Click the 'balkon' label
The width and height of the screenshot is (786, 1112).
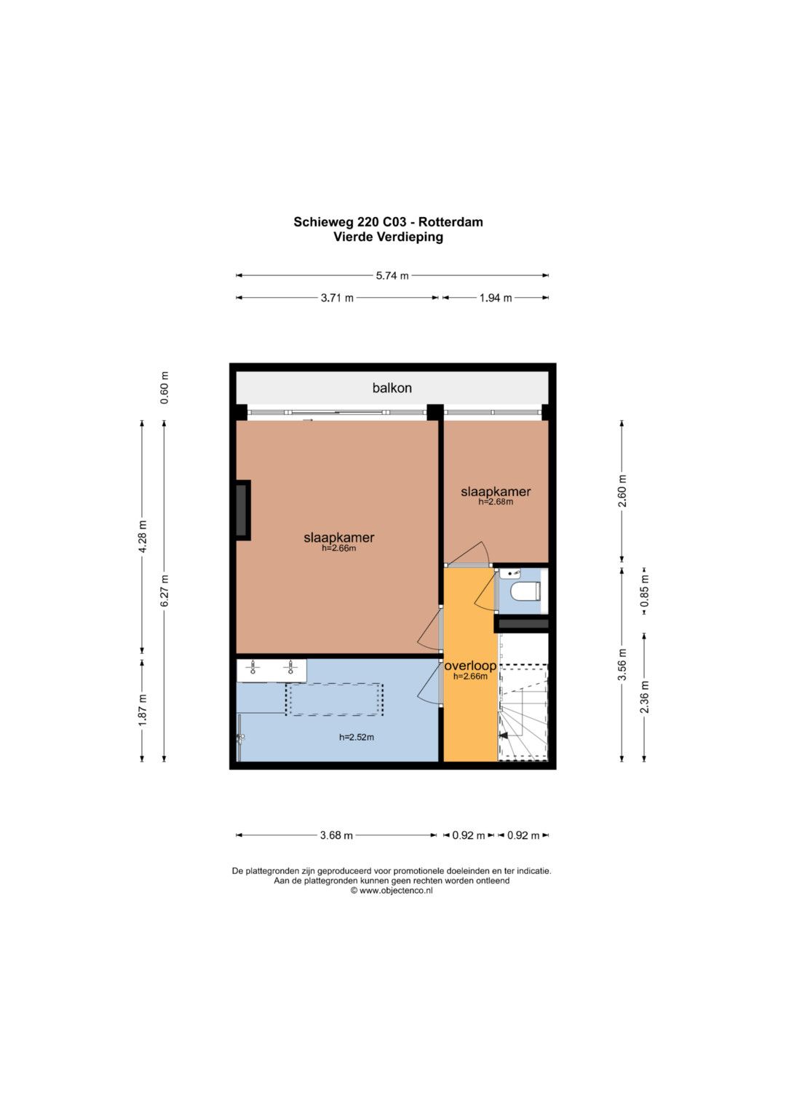pos(392,387)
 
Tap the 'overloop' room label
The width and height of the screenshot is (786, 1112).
pos(470,666)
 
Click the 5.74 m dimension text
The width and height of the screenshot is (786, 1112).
pos(392,275)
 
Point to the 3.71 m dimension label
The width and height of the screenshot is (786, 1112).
pos(337,298)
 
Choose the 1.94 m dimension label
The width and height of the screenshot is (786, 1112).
pos(495,298)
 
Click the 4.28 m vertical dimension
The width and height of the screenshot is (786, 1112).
pos(143,537)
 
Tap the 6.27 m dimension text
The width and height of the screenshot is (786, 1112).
pos(164,591)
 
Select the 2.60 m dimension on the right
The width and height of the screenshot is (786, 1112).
pos(622,491)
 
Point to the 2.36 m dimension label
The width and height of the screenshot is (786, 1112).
pos(645,696)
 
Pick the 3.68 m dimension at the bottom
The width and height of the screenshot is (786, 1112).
pos(336,835)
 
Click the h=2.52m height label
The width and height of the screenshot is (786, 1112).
pos(357,737)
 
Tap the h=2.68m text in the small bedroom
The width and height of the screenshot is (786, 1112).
pos(495,502)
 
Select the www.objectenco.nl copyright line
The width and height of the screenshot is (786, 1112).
pos(392,891)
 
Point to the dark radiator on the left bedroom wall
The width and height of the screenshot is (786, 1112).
pos(242,510)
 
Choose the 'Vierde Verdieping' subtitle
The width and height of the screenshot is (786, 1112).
pos(388,237)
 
